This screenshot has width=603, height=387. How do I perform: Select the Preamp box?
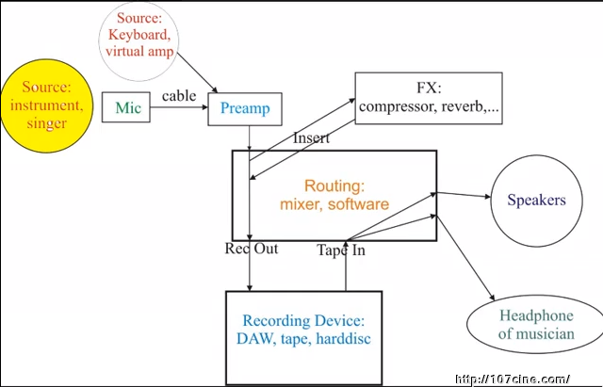coord(246,109)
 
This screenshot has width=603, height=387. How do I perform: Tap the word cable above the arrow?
coord(179,96)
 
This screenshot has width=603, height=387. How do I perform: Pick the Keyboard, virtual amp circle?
coord(139,43)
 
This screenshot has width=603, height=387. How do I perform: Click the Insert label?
coord(311,139)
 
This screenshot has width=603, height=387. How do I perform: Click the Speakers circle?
coord(536,201)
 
